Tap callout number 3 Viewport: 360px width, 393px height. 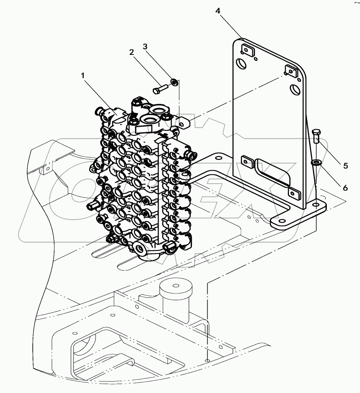coord(145,47)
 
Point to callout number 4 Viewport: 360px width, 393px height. coord(218,11)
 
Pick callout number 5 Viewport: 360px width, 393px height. coord(345,165)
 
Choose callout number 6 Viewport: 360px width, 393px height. coord(345,188)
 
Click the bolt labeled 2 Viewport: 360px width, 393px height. coord(160,89)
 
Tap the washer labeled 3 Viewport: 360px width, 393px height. coord(173,83)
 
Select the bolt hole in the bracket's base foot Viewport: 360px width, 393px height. coord(317,205)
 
